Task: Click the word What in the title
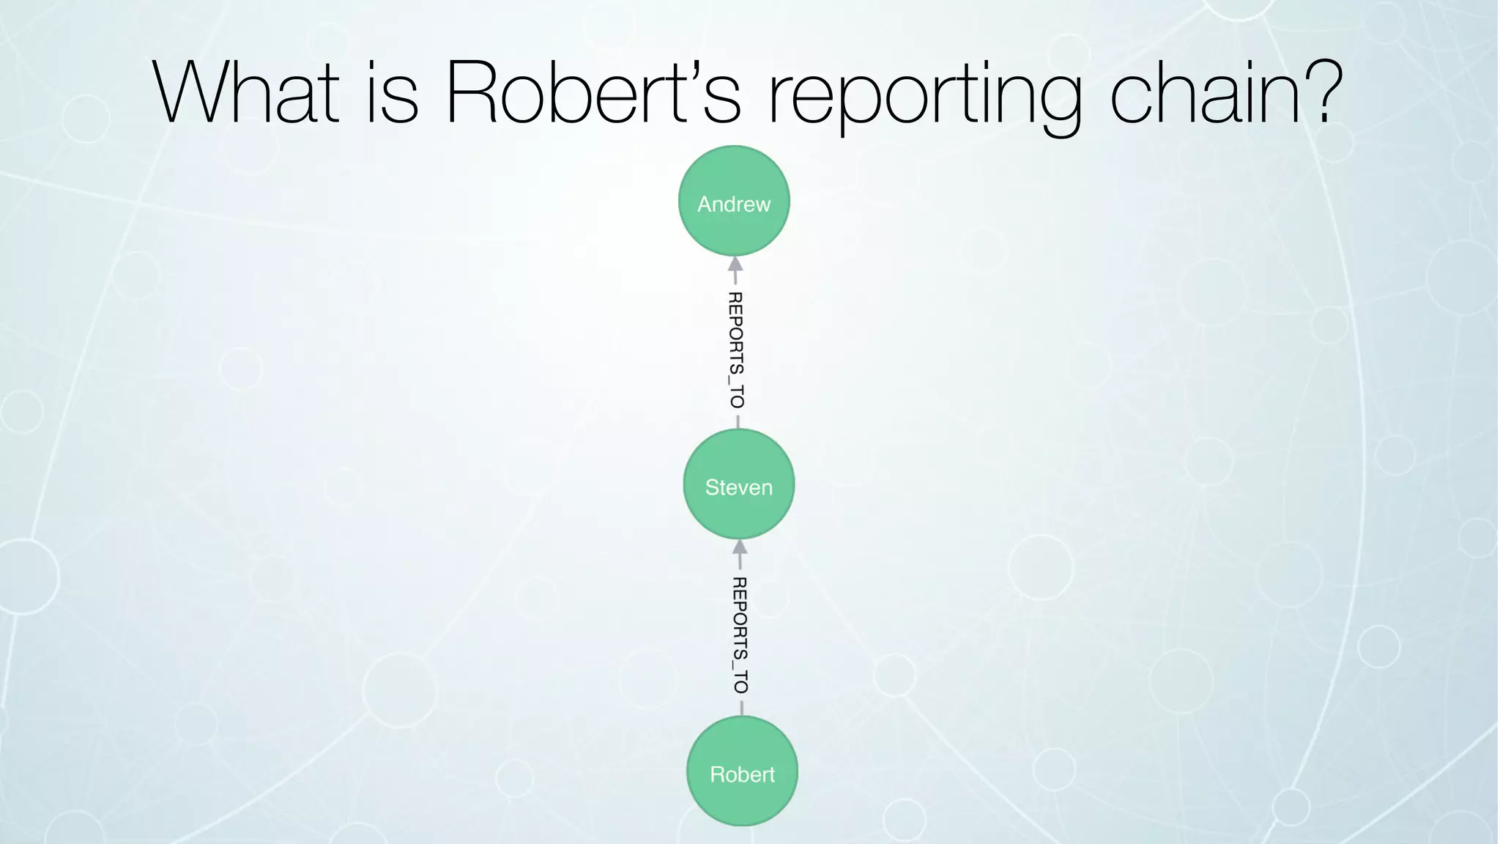246,93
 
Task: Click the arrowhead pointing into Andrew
735,264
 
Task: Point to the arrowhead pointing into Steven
740,547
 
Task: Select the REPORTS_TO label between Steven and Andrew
736,349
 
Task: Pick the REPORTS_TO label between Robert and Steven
740,634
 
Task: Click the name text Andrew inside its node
734,204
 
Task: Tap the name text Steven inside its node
738,487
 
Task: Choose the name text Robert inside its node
742,774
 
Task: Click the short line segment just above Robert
742,708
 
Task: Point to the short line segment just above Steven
738,422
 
